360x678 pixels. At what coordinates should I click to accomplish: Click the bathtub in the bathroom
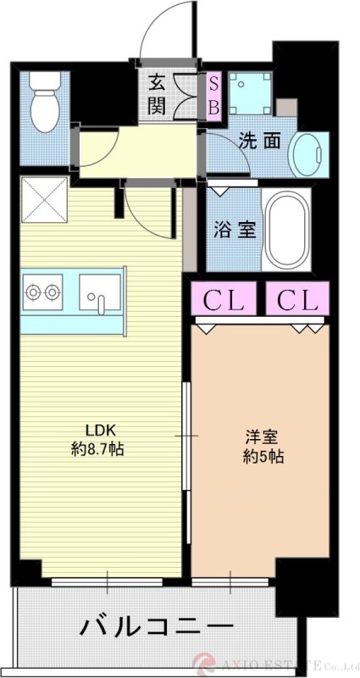285,228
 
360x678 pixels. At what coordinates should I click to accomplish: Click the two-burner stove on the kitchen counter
42,292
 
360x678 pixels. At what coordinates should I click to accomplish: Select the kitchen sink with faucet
100,293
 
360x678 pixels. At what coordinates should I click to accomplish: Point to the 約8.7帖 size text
97,449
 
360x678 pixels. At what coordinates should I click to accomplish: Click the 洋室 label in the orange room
259,438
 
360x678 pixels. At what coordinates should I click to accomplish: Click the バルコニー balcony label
157,628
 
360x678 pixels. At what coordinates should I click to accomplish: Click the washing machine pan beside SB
250,94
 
